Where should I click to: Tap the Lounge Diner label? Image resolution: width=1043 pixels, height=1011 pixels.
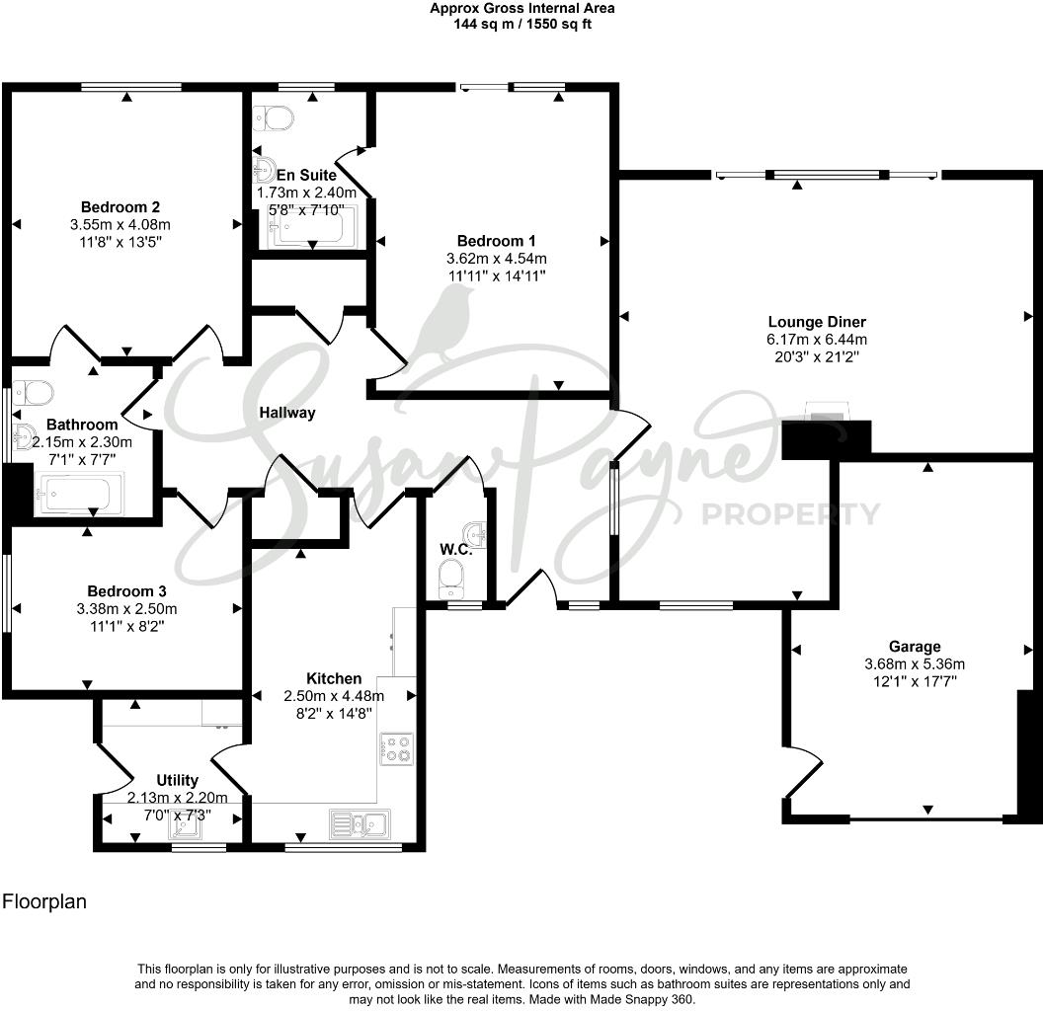817,322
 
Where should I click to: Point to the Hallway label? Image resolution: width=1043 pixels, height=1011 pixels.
287,413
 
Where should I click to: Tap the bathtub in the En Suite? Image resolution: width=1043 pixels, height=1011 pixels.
309,229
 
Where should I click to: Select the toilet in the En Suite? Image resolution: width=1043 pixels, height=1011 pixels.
275,119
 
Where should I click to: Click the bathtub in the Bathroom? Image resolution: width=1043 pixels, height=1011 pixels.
79,493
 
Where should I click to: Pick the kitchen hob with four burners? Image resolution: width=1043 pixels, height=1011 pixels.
397,747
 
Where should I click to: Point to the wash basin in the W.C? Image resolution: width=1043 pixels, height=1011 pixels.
478,533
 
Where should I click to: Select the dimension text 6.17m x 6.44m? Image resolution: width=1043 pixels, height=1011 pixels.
817,340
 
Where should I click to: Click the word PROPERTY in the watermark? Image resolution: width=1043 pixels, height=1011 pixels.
789,513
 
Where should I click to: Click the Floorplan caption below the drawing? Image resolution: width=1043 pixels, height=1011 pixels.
44,900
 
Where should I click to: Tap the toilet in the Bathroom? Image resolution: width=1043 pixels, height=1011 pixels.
36,393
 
